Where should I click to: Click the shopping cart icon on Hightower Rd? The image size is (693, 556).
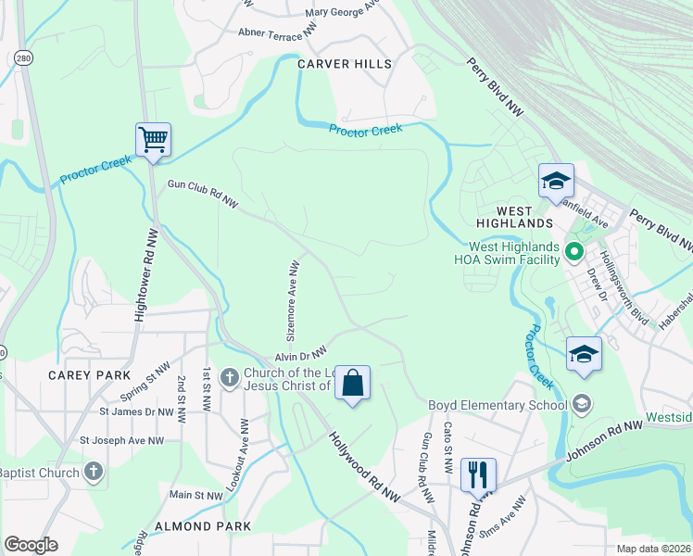pos(153,141)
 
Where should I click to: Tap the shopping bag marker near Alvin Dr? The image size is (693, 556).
pos(353,383)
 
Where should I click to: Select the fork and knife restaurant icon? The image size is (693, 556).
pos(478,474)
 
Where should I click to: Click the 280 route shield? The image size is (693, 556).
pos(23,57)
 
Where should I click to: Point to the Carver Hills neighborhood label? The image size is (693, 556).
pos(345,64)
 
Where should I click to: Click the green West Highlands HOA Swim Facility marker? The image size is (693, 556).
pos(574,251)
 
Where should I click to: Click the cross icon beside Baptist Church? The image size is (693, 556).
pos(94,473)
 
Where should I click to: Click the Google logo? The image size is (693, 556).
pos(31,545)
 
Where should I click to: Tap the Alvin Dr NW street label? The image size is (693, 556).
pos(300,355)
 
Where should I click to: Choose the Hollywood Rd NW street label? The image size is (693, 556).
pos(363,466)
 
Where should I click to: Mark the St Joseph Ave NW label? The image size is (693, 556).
pos(121,441)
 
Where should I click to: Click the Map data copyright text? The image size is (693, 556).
pos(654,549)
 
